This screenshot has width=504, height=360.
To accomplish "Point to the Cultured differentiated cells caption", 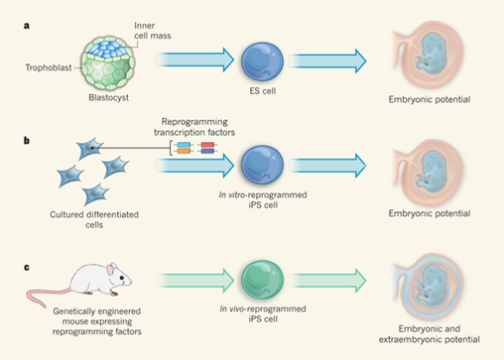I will tap(86, 219).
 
